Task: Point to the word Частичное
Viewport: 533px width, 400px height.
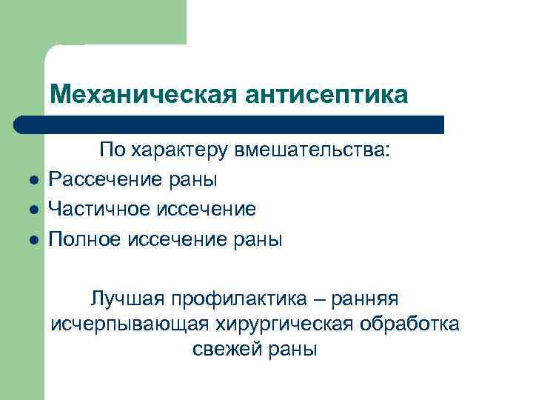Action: click(100, 210)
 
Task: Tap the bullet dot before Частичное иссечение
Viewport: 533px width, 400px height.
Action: click(24, 210)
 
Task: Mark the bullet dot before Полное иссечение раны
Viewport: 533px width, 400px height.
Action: click(24, 240)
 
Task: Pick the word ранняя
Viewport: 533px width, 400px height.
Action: click(365, 299)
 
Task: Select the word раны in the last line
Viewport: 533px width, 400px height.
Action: click(292, 349)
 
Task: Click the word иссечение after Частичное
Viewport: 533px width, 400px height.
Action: click(207, 210)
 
